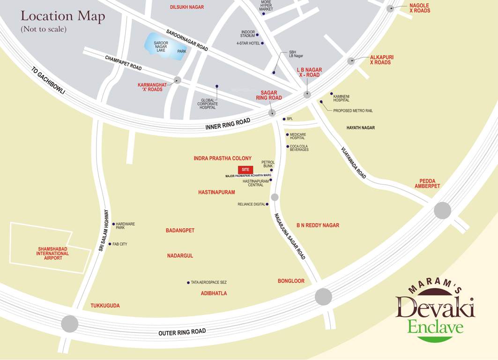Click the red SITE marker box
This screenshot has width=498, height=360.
(x=245, y=170)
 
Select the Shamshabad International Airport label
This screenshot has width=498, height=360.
(x=52, y=254)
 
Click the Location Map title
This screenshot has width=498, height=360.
(x=63, y=16)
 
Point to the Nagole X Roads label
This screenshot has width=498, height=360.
(x=419, y=8)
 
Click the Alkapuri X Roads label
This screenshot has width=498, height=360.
(x=381, y=60)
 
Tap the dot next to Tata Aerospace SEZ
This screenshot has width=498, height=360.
(x=188, y=282)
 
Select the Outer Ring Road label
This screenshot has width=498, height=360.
(x=182, y=332)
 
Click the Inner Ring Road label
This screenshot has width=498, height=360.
(x=228, y=124)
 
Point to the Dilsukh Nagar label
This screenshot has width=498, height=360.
(x=187, y=7)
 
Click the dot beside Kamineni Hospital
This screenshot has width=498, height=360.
(x=332, y=94)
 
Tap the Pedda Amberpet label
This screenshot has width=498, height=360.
(x=427, y=183)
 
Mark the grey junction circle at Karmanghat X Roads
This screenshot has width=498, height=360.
(x=177, y=80)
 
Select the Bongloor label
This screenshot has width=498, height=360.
(x=291, y=281)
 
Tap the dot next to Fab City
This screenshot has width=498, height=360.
(x=110, y=244)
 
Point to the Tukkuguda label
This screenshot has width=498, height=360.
(x=105, y=306)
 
